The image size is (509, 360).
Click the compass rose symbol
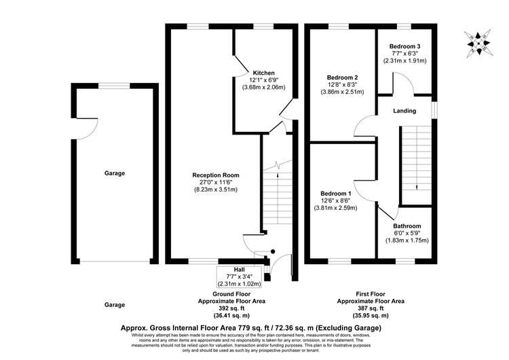coord(478,43)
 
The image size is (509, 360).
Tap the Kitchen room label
coord(263,73)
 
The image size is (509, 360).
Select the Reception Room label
coord(216,175)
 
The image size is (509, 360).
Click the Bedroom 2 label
coord(342,77)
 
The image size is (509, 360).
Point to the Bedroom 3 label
coord(404,46)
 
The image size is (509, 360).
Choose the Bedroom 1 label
coord(335,194)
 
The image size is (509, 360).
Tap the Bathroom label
coord(407,226)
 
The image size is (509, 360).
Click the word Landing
coord(404,111)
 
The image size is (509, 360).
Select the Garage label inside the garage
coord(115,173)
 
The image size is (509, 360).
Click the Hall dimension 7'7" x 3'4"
coord(240,276)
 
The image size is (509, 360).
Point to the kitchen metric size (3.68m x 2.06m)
coord(263,87)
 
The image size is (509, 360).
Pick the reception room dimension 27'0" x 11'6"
coord(216,182)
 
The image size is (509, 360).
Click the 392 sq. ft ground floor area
coord(231,308)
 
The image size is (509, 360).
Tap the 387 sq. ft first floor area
coord(371,308)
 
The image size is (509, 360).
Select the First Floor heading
coord(371,294)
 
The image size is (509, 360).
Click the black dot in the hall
coord(273,251)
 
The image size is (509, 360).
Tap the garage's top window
coord(114,86)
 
